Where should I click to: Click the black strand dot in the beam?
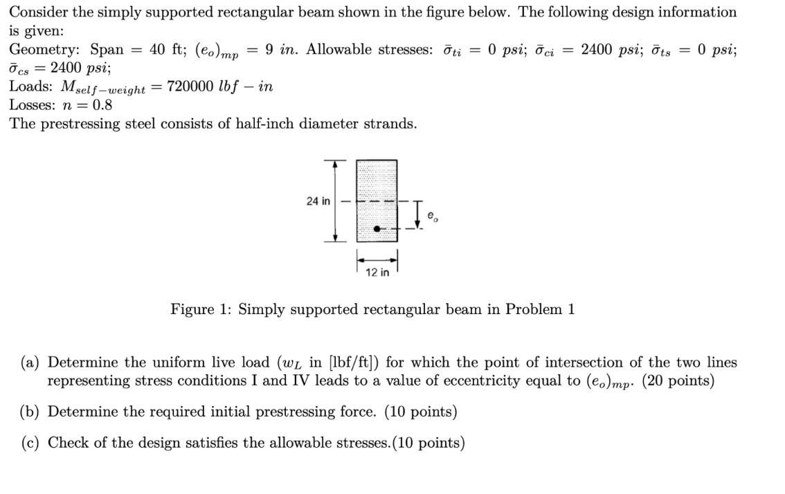pos(377,228)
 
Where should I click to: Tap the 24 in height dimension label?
pos(318,201)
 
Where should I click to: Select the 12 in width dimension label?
pos(377,273)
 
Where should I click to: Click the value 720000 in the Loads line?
pos(196,86)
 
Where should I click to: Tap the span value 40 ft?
pos(167,50)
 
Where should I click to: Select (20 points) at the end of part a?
pos(678,381)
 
